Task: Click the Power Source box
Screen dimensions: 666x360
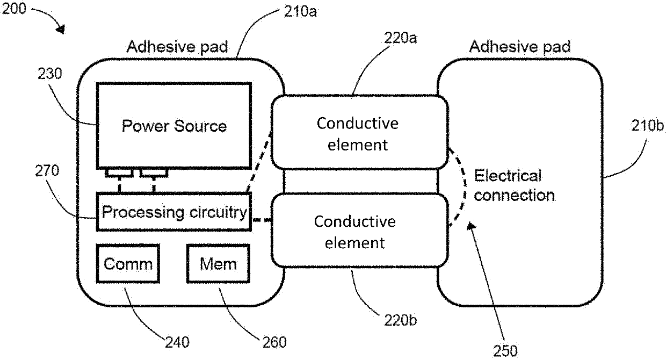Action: [174, 126]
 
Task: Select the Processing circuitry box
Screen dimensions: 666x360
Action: [174, 212]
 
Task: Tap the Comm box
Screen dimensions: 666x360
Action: [128, 264]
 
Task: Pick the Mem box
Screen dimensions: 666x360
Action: [218, 264]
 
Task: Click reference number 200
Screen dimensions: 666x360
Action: [14, 9]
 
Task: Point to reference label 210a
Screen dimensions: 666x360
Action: [300, 12]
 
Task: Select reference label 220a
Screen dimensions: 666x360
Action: [401, 38]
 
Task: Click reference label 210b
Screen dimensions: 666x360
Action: [647, 126]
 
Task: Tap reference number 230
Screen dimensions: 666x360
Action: [49, 74]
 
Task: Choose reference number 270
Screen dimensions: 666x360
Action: [47, 171]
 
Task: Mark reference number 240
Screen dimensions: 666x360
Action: [177, 342]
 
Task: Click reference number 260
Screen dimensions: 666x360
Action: [274, 342]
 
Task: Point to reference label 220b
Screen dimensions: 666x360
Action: [401, 320]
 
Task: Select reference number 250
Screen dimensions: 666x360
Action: [505, 351]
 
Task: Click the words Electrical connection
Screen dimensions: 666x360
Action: [515, 185]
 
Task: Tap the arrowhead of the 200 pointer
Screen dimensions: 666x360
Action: [61, 29]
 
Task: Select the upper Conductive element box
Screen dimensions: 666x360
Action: [360, 132]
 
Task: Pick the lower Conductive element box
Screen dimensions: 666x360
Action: [360, 231]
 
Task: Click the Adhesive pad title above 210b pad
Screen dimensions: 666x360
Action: [520, 47]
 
